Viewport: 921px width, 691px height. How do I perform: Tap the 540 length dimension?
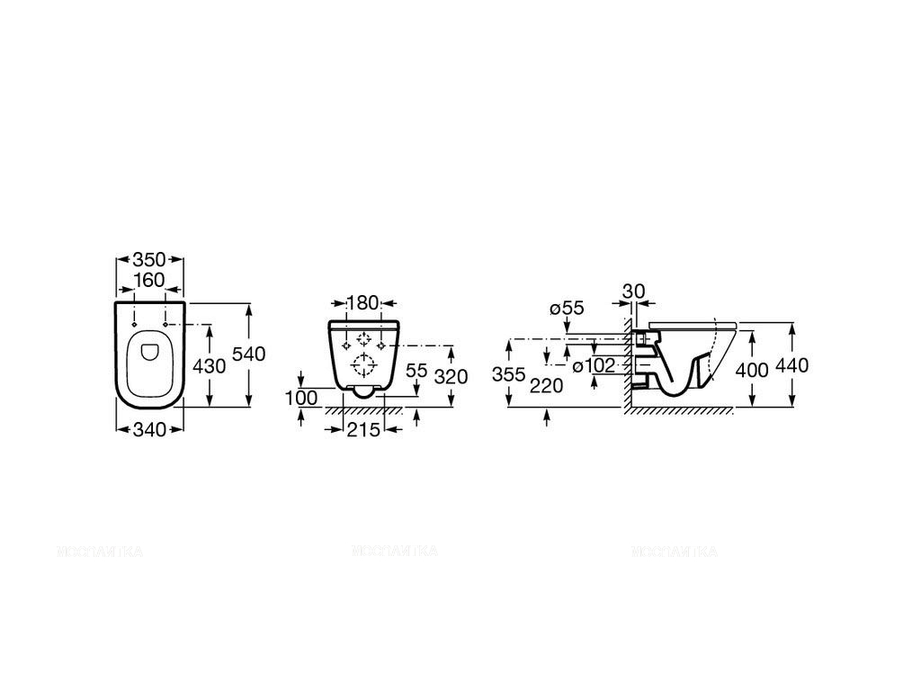pyautogui.click(x=249, y=354)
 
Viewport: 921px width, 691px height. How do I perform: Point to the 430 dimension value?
pyautogui.click(x=208, y=367)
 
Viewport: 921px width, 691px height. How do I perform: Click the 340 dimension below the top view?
pyautogui.click(x=149, y=430)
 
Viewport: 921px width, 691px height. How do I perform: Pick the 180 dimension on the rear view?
pyautogui.click(x=364, y=301)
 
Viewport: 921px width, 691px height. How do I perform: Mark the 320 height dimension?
pyautogui.click(x=451, y=376)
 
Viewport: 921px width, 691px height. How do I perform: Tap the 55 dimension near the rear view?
pyautogui.click(x=416, y=370)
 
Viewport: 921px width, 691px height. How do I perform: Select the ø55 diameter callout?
pyautogui.click(x=567, y=308)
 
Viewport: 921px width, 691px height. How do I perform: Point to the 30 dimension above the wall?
pyautogui.click(x=633, y=292)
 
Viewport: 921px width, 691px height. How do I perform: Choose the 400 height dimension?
pyautogui.click(x=751, y=370)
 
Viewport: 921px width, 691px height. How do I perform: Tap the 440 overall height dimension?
pyautogui.click(x=792, y=365)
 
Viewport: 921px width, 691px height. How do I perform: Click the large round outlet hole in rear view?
pyautogui.click(x=364, y=364)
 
